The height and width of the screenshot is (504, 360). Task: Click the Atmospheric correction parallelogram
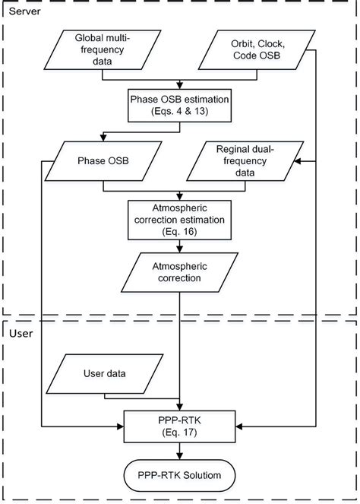pyautogui.click(x=179, y=272)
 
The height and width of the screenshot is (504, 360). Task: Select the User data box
pyautogui.click(x=106, y=373)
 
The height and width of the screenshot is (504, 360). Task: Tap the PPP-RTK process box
pyautogui.click(x=179, y=423)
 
